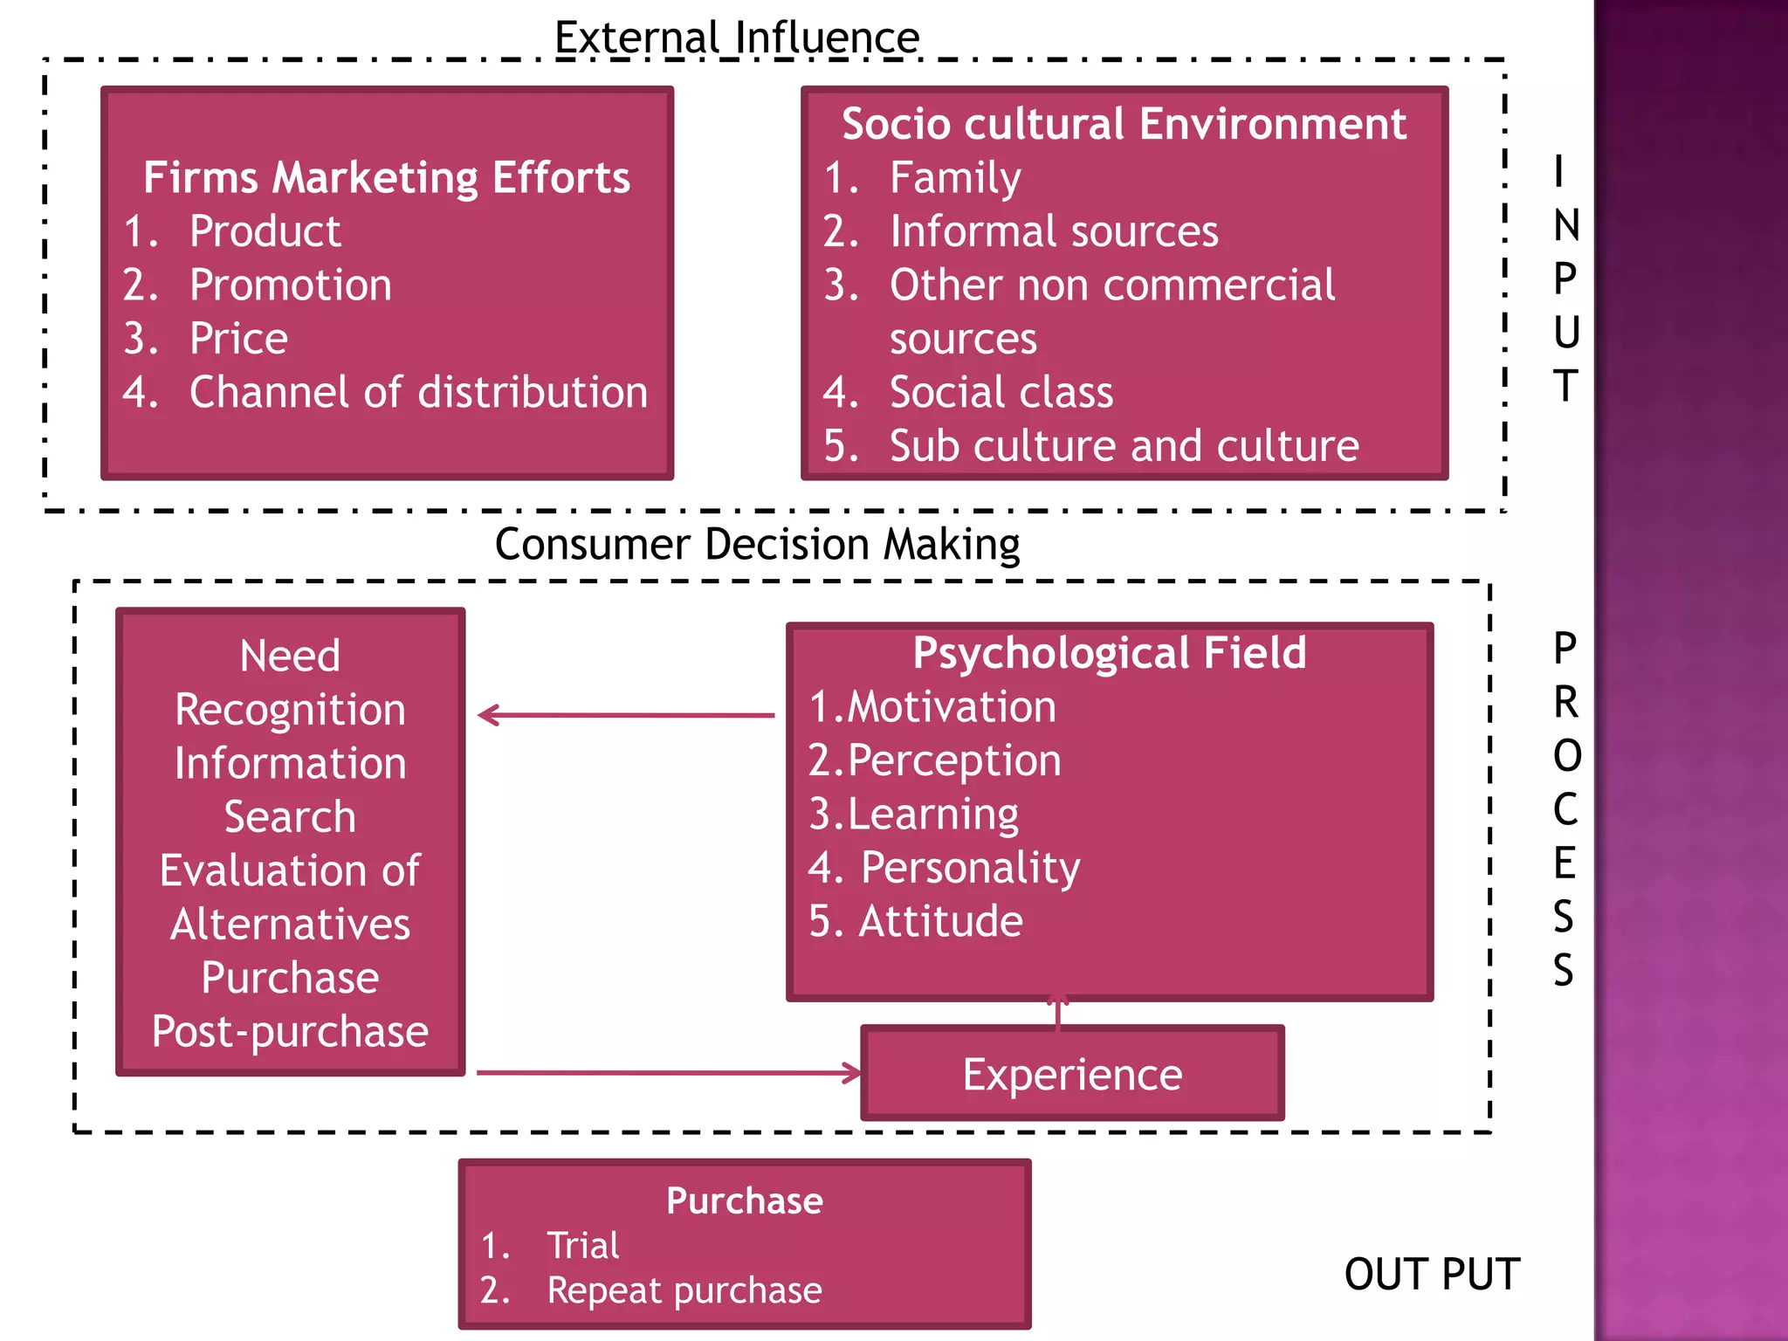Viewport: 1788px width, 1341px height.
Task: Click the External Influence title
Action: click(x=737, y=38)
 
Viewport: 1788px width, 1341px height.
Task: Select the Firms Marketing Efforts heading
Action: click(x=387, y=178)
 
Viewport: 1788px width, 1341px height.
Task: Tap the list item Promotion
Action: click(x=291, y=285)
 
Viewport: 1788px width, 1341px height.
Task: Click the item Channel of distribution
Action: click(x=418, y=392)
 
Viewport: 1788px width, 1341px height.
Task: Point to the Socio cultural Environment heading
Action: click(x=1124, y=124)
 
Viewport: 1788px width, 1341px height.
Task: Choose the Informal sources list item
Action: click(x=1053, y=232)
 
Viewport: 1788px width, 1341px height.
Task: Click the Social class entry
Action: click(x=1001, y=392)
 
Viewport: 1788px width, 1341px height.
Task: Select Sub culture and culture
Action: click(x=1124, y=446)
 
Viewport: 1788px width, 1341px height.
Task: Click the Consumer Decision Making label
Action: click(x=757, y=545)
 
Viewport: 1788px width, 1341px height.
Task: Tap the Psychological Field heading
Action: click(x=1109, y=653)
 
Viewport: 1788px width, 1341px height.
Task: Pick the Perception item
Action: click(x=953, y=760)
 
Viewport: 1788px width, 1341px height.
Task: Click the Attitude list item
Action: click(x=939, y=922)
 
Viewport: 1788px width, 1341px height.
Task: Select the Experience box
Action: click(x=1072, y=1074)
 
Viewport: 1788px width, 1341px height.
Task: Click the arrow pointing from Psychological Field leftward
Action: click(x=625, y=716)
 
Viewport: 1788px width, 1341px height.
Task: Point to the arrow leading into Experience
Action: click(x=668, y=1073)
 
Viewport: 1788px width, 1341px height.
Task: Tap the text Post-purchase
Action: click(x=290, y=1031)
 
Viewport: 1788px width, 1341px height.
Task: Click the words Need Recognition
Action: click(x=290, y=683)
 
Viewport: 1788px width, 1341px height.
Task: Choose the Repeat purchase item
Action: click(x=684, y=1290)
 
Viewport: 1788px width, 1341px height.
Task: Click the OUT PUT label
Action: click(x=1432, y=1275)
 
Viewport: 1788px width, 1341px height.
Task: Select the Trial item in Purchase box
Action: click(x=582, y=1246)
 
